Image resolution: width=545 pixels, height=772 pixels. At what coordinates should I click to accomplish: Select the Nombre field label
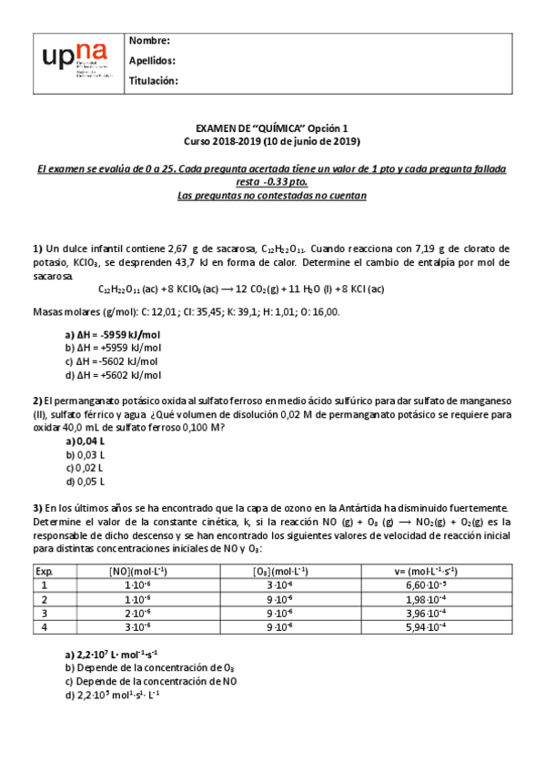pyautogui.click(x=150, y=41)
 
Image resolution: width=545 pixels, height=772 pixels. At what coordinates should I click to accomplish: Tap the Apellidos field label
pyautogui.click(x=153, y=61)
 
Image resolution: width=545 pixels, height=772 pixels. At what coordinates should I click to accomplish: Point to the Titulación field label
pyautogui.click(x=154, y=81)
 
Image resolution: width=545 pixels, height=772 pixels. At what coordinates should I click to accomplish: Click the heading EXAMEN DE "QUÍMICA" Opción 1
pyautogui.click(x=272, y=128)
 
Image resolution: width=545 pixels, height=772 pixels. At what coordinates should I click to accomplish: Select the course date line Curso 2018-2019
pyautogui.click(x=272, y=141)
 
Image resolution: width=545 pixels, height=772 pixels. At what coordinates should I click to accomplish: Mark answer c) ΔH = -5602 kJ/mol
pyautogui.click(x=113, y=361)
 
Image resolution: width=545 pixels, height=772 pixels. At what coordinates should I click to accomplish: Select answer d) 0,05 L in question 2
pyautogui.click(x=85, y=481)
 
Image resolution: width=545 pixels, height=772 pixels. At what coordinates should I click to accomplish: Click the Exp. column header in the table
pyautogui.click(x=45, y=571)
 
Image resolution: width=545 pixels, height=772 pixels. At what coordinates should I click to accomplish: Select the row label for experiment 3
pyautogui.click(x=44, y=613)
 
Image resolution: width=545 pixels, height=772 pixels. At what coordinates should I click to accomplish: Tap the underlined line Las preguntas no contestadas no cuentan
pyautogui.click(x=272, y=195)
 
